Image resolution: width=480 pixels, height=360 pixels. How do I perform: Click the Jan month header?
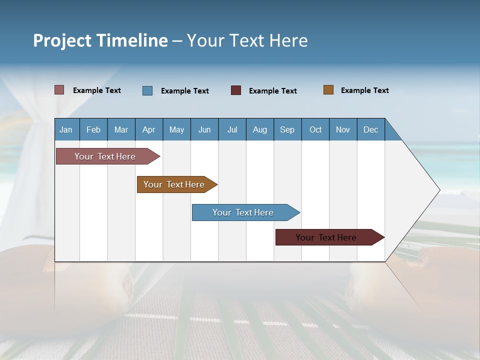point(66,129)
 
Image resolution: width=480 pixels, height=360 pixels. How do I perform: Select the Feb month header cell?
point(93,129)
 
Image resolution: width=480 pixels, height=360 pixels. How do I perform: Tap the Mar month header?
point(121,129)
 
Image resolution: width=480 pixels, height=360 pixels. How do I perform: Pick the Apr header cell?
point(149,129)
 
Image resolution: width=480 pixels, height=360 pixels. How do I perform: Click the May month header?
point(176,129)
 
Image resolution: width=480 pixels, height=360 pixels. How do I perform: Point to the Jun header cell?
point(204,129)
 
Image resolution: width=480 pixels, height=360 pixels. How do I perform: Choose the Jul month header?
point(232,129)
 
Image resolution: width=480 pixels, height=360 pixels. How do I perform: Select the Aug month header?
point(260,129)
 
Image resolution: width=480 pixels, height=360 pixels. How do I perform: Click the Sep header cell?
point(287,129)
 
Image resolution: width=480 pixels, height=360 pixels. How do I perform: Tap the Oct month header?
point(315,129)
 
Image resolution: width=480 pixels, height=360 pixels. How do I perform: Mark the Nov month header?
point(343,129)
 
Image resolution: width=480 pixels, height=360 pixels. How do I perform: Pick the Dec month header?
point(371,129)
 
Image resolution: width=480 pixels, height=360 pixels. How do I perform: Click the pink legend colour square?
point(59,90)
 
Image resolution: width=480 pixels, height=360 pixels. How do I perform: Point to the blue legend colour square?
point(147,90)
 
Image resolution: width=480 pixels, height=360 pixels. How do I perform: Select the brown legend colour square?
point(328,90)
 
